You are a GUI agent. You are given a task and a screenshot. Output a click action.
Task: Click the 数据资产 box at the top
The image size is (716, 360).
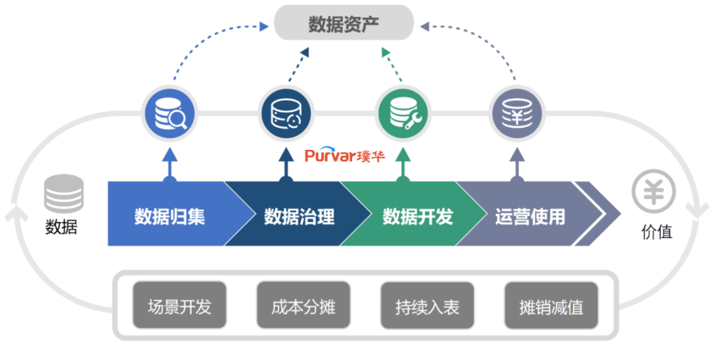[x=343, y=24]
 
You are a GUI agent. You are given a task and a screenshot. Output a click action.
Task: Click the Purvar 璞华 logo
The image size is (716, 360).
[x=344, y=156]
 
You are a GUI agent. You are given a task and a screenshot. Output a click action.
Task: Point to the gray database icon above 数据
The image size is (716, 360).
[x=64, y=194]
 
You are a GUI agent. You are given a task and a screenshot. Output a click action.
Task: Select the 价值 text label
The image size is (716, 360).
[x=656, y=231]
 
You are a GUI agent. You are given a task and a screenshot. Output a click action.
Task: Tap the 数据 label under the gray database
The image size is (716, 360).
[x=61, y=228]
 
